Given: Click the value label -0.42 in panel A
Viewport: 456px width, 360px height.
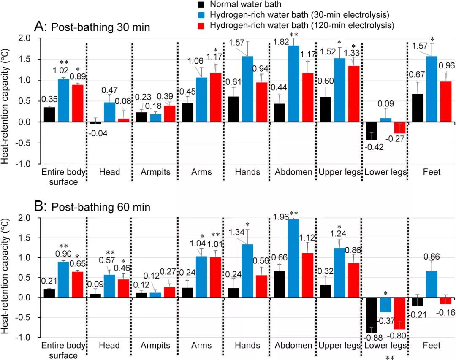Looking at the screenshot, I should pos(372,148).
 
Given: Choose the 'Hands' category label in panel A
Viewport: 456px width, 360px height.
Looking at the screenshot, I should pos(247,172).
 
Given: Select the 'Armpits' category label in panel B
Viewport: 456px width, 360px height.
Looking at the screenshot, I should pos(155,346).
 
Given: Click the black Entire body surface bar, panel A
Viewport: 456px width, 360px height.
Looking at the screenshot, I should pos(50,114).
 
